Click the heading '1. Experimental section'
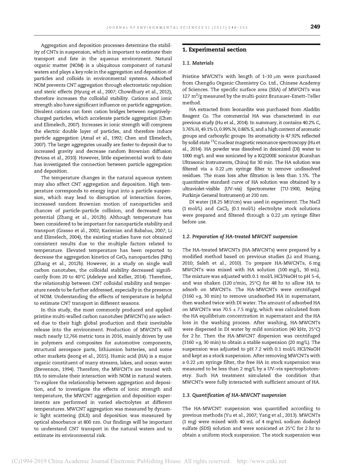point(214,50)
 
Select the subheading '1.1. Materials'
point(198,63)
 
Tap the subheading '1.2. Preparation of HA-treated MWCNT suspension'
point(240,236)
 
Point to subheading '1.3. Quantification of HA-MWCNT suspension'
point(234,395)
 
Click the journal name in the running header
point(177,27)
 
